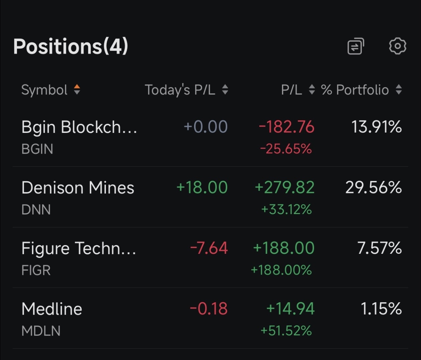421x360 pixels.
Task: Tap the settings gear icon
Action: [x=397, y=46]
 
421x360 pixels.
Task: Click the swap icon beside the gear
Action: [x=356, y=46]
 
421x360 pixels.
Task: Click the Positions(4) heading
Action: [x=71, y=47]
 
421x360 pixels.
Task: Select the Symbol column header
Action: [x=44, y=90]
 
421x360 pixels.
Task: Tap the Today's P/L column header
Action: [x=180, y=90]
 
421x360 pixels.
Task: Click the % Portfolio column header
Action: [x=355, y=90]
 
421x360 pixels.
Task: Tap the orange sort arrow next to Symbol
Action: [x=77, y=87]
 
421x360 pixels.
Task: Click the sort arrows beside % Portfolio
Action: [x=399, y=89]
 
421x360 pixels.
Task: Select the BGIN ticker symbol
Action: [x=37, y=149]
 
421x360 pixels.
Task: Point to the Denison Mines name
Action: [x=78, y=188]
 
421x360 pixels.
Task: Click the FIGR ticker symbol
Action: [x=36, y=270]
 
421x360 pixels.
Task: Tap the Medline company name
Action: [x=52, y=309]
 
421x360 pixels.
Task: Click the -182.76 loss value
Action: [x=287, y=127]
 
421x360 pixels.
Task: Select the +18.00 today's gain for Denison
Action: [x=202, y=187]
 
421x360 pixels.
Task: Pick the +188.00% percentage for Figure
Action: [x=281, y=270]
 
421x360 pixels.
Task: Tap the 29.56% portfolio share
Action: [x=374, y=187]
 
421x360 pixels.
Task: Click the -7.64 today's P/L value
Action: [x=209, y=248]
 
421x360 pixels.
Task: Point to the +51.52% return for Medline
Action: [x=286, y=331]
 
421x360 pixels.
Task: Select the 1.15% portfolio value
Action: [x=381, y=308]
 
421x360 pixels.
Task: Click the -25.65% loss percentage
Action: [x=286, y=149]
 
